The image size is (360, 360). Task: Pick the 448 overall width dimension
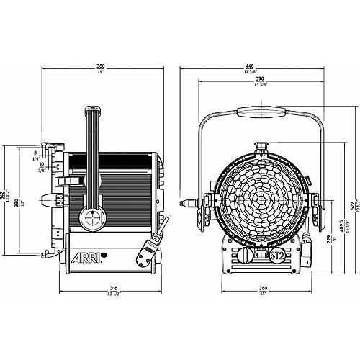click(261, 66)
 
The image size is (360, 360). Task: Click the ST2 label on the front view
click(276, 254)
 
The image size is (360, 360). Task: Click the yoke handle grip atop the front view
click(261, 112)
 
